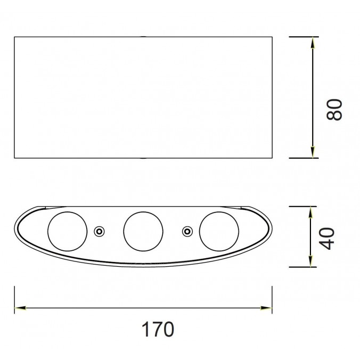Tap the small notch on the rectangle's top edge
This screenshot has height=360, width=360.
click(143, 37)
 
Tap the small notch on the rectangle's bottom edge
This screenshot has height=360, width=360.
click(143, 158)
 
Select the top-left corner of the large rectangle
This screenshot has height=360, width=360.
click(14, 37)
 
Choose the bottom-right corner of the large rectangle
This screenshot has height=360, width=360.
click(272, 158)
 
